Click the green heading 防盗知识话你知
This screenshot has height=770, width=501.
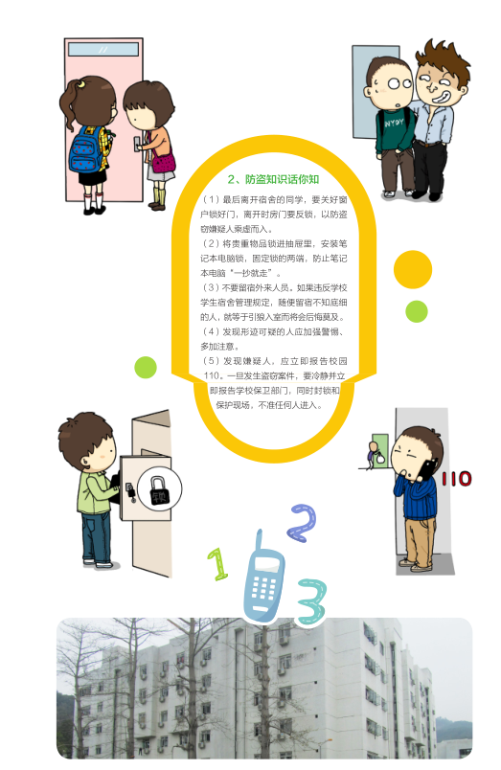tap(273, 179)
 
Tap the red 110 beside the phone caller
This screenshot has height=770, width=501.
tap(456, 478)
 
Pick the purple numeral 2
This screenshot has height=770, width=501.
tap(302, 523)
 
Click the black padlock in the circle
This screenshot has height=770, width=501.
tap(159, 490)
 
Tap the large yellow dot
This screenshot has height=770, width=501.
tap(413, 269)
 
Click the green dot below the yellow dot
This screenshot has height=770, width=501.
tap(417, 311)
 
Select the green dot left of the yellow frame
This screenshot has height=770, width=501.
tap(146, 368)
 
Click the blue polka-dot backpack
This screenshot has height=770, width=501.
tap(87, 149)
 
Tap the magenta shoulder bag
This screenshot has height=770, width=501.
tap(164, 161)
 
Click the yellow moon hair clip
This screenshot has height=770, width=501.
tap(81, 83)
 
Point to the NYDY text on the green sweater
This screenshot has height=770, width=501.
tap(394, 123)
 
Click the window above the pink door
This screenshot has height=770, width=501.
tap(103, 50)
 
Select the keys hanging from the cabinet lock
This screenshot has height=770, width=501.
tap(130, 492)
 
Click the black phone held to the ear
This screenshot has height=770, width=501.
tap(427, 469)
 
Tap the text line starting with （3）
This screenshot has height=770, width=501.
tap(274, 287)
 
